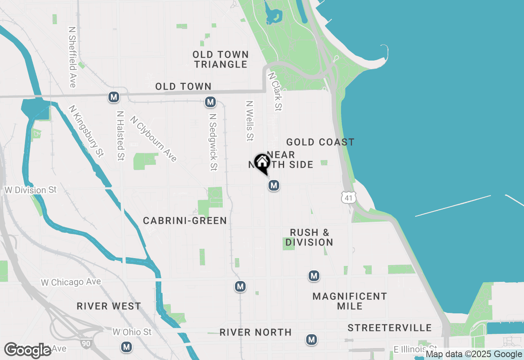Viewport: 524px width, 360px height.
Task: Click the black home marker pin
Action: click(262, 163)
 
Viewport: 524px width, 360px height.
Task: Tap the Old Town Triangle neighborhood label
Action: click(221, 59)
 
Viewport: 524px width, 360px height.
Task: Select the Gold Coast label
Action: click(320, 142)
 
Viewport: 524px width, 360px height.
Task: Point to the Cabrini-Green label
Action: click(185, 220)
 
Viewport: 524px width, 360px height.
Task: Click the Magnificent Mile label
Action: click(350, 301)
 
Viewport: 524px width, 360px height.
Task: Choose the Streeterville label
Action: click(390, 328)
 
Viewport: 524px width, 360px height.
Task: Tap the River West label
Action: click(109, 306)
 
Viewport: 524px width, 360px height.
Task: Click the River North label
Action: click(255, 332)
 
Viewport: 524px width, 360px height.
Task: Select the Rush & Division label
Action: click(309, 237)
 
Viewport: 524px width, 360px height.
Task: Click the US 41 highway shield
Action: click(348, 198)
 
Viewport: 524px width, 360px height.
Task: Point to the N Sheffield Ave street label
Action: click(72, 57)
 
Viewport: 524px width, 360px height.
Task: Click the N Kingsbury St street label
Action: click(86, 131)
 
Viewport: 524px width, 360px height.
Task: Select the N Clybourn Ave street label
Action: click(154, 139)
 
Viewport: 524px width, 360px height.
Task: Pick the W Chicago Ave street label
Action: click(71, 282)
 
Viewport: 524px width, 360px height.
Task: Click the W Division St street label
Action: click(30, 190)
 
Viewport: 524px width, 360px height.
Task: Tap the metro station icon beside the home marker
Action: click(274, 185)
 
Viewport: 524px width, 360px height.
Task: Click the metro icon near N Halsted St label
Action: click(114, 97)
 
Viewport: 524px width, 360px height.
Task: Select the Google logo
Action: click(28, 350)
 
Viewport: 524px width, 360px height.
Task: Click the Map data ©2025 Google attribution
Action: click(474, 354)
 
